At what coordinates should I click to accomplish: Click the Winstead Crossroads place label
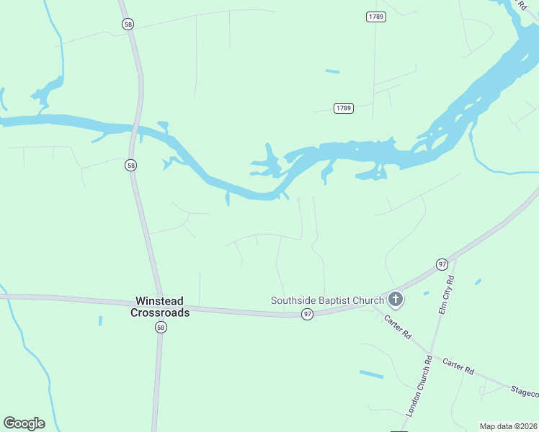click(x=160, y=307)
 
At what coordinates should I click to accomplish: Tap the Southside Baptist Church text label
click(x=327, y=300)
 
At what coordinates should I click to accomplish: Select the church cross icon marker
click(x=395, y=299)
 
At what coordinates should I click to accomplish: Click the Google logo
click(x=24, y=423)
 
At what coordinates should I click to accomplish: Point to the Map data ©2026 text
click(x=508, y=426)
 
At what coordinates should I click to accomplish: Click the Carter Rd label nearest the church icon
click(x=397, y=326)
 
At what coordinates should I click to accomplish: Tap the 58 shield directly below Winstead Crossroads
click(x=160, y=328)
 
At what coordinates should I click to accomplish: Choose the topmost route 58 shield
click(x=128, y=24)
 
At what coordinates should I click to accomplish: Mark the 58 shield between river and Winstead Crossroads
click(x=130, y=166)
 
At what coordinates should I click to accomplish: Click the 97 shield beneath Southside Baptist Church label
click(x=308, y=315)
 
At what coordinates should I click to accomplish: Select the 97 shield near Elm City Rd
click(x=442, y=265)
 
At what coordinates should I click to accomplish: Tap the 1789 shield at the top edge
click(x=375, y=17)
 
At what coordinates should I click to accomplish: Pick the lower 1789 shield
click(x=344, y=108)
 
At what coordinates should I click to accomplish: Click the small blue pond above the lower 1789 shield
click(x=332, y=71)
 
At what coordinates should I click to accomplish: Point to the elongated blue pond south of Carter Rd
click(x=372, y=374)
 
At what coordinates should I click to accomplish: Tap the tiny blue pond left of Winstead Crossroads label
click(x=100, y=320)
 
